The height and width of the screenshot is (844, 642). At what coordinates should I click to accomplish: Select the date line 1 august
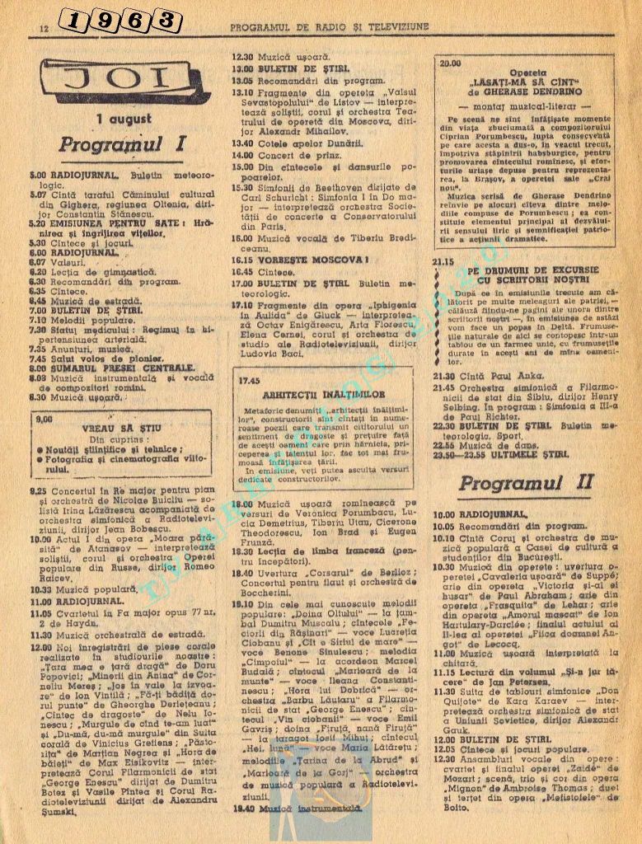coord(123,120)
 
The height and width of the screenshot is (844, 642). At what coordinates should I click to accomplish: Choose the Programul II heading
coord(525,482)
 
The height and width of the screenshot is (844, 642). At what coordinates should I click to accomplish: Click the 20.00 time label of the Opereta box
coord(451,63)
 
